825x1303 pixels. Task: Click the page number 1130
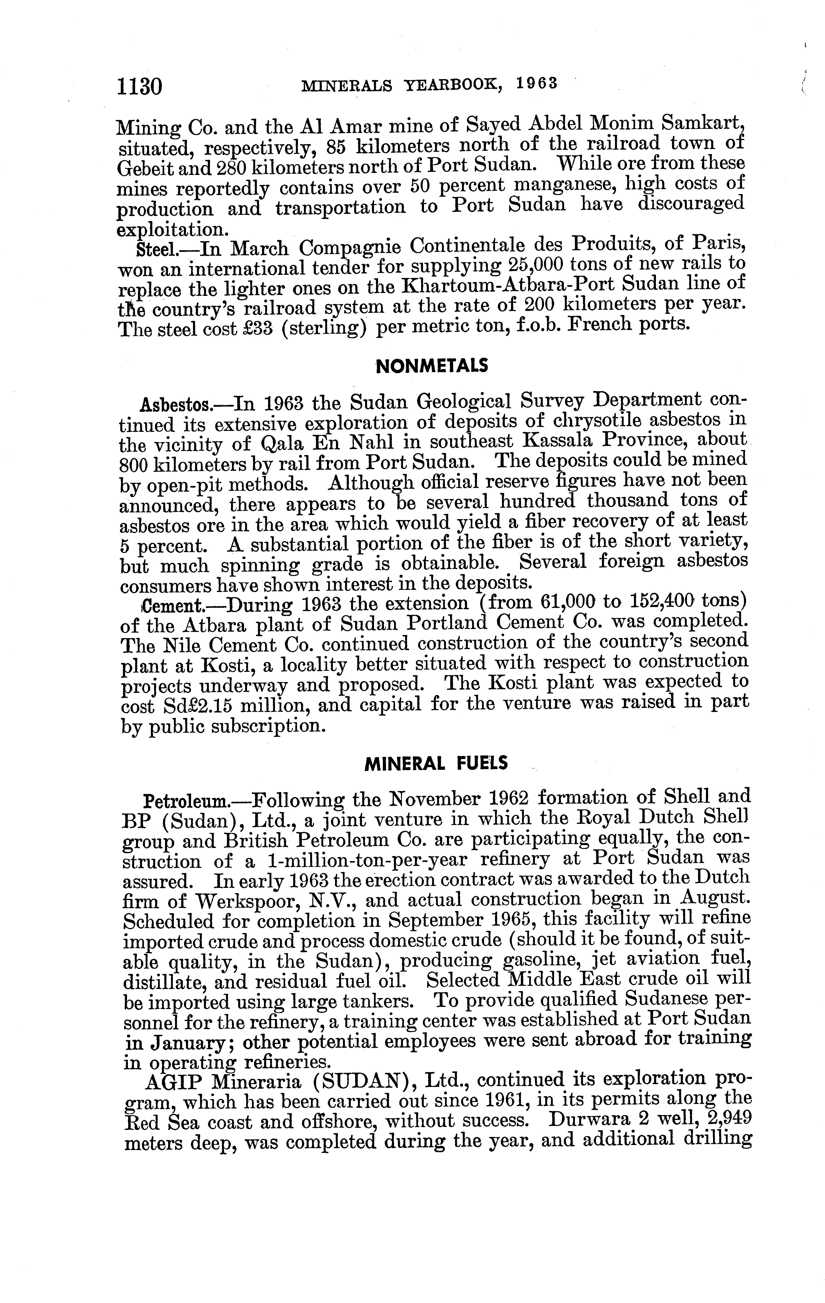[x=140, y=87]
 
